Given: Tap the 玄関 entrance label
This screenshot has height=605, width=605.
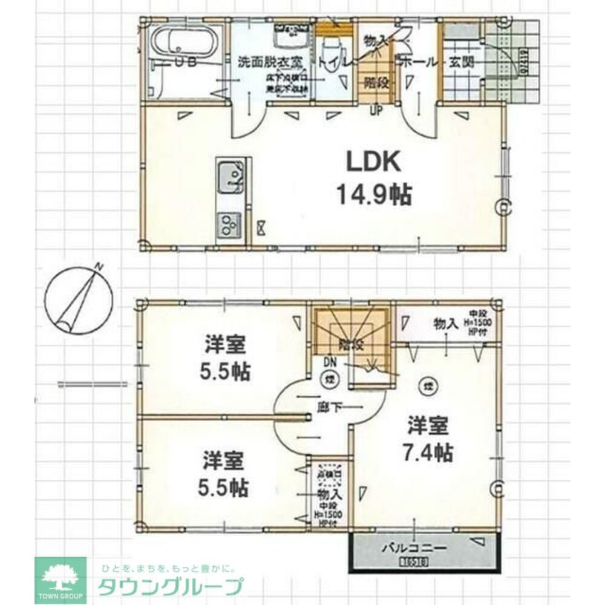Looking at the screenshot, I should tap(461, 62).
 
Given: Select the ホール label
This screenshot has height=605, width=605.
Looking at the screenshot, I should tap(415, 62).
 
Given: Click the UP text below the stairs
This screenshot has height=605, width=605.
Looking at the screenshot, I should tap(375, 110).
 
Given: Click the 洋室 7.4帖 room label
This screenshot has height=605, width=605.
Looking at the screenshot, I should tap(428, 438).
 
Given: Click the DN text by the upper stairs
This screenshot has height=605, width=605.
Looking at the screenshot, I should tap(330, 361).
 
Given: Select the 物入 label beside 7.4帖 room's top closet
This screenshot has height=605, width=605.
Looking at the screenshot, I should tap(445, 324).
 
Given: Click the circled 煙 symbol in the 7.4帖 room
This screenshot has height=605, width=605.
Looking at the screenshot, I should tap(427, 385).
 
